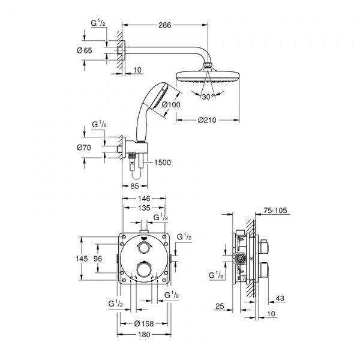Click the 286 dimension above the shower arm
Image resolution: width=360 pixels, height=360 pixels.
(x=166, y=25)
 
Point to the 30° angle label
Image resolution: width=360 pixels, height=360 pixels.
(x=206, y=96)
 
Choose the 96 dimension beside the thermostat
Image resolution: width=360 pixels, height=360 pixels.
(x=104, y=258)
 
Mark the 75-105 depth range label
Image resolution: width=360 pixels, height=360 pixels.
(x=276, y=211)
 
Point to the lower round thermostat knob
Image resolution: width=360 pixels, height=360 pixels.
(x=143, y=271)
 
